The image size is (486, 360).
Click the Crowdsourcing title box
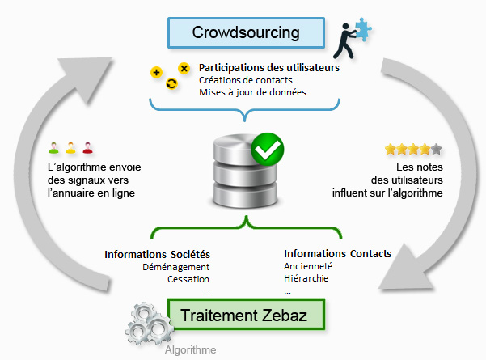point(246,32)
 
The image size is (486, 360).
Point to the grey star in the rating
point(437,149)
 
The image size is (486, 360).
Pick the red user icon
point(87,147)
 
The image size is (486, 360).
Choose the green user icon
point(54,147)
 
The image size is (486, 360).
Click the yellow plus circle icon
point(156,73)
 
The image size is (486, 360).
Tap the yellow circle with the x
point(184,68)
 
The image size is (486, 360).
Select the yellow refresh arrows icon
point(171,83)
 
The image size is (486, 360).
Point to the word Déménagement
point(175,267)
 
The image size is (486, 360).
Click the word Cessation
point(188,279)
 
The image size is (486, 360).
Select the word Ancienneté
point(308,265)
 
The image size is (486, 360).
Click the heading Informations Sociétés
point(157,254)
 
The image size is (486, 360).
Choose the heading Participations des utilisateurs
point(269,68)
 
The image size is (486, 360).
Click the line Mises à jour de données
point(252,92)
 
